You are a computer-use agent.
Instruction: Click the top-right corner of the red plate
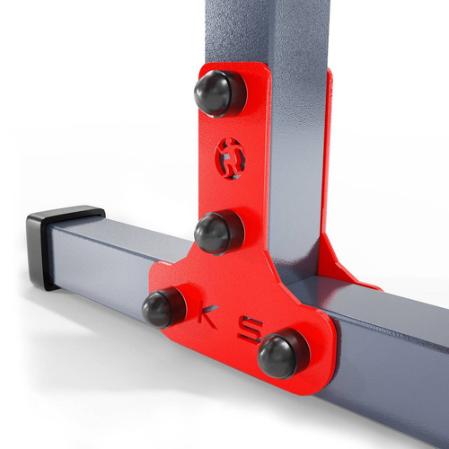(269, 70)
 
